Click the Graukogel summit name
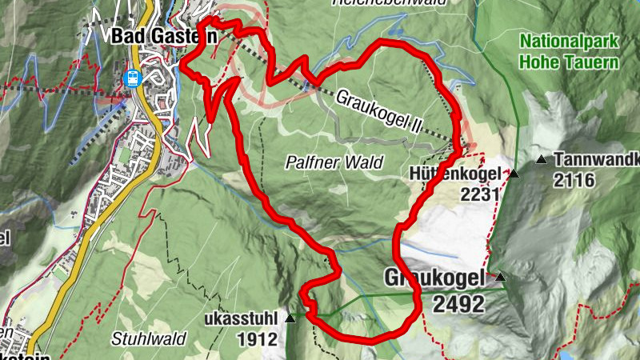tap(434, 279)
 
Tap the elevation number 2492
tap(458, 304)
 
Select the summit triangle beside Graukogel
tap(501, 278)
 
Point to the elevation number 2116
tap(574, 181)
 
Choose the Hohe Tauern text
tap(569, 62)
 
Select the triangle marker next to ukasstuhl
tap(290, 318)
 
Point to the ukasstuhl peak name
tap(246, 318)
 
